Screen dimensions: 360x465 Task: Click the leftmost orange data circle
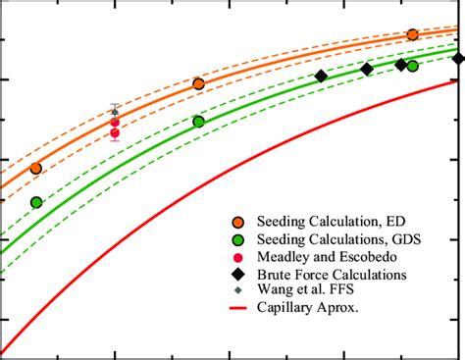tap(36, 169)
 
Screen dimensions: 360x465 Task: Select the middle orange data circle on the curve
tap(199, 84)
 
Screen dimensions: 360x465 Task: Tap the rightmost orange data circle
tap(412, 34)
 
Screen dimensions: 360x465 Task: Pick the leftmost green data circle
tap(36, 202)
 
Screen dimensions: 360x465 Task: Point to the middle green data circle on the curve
tap(199, 122)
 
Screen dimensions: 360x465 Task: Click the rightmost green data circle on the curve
tap(412, 66)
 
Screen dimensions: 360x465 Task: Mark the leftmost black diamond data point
tap(321, 77)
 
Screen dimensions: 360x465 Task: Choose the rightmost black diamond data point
tap(458, 59)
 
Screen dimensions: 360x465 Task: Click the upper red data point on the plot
tap(115, 123)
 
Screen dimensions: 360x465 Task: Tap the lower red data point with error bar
tap(115, 133)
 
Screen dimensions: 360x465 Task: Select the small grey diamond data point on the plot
tap(115, 112)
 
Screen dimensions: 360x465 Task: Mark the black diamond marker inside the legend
tap(238, 276)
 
